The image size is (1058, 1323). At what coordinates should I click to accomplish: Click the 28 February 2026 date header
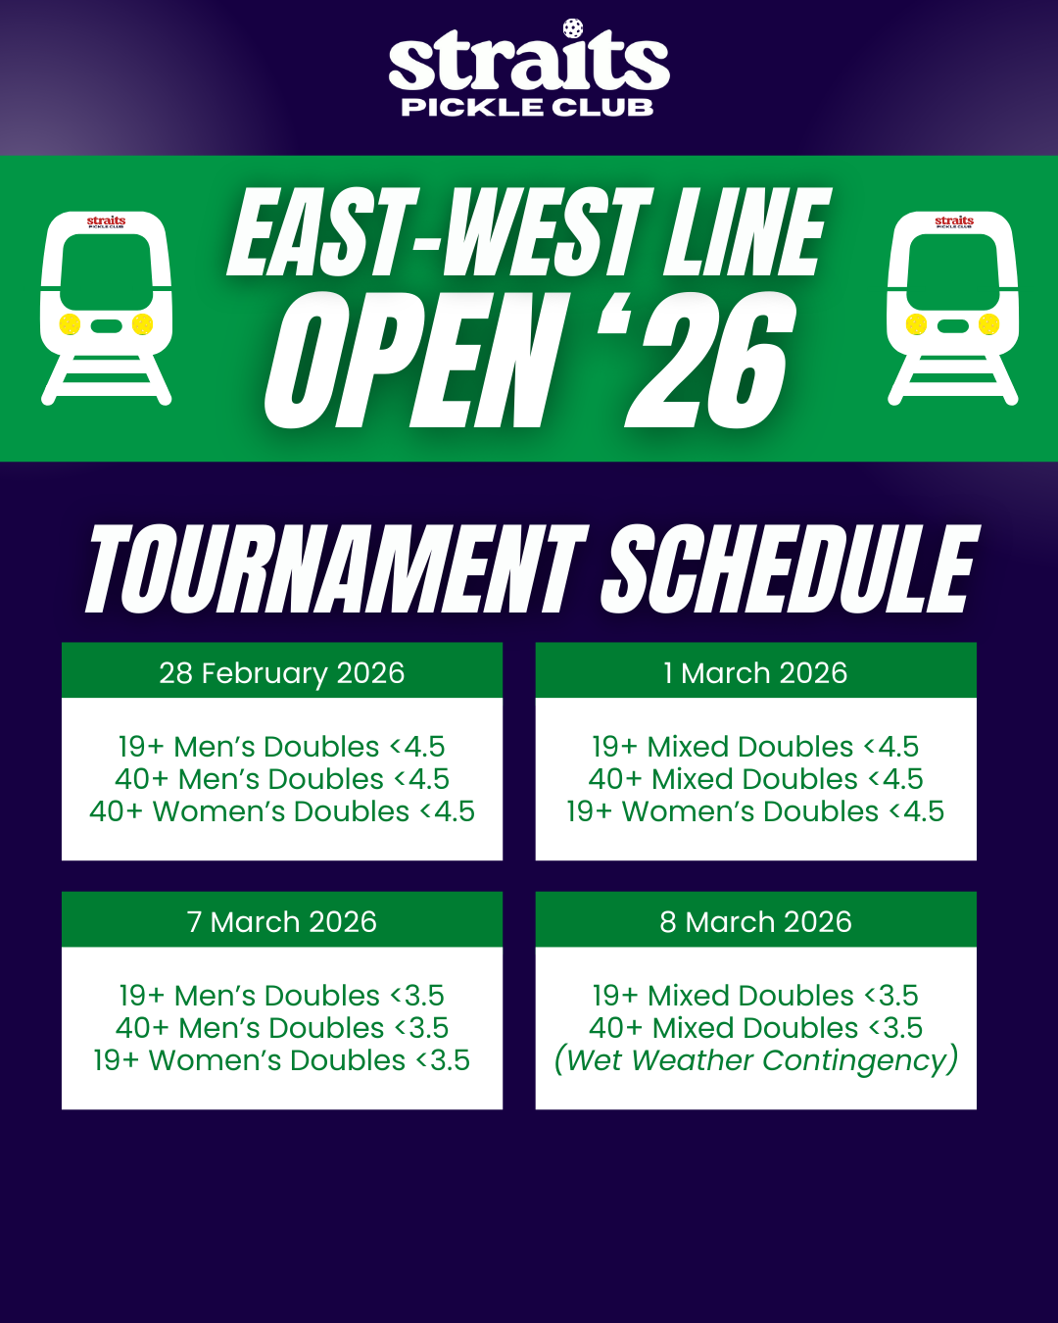[282, 672]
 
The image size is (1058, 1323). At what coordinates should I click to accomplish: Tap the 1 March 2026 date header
[755, 672]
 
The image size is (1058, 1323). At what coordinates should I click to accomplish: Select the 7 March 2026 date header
[282, 921]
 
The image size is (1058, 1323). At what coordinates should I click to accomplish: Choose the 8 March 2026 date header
[755, 921]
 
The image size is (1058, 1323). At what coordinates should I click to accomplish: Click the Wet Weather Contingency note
[755, 1060]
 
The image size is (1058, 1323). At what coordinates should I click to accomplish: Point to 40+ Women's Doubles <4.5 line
[282, 811]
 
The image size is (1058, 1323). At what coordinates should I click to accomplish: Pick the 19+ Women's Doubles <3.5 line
[282, 1060]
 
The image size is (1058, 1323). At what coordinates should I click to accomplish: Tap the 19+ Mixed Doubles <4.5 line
[755, 747]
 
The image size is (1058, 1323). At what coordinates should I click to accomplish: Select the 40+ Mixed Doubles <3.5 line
[755, 1028]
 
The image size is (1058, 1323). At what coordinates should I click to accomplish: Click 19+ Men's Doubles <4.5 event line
[282, 747]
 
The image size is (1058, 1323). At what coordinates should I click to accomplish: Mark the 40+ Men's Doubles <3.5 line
[282, 1028]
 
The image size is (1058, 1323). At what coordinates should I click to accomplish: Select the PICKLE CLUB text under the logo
[528, 107]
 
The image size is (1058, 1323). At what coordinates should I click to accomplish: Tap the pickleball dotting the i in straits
[573, 28]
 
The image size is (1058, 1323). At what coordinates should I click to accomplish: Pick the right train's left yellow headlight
[917, 324]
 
